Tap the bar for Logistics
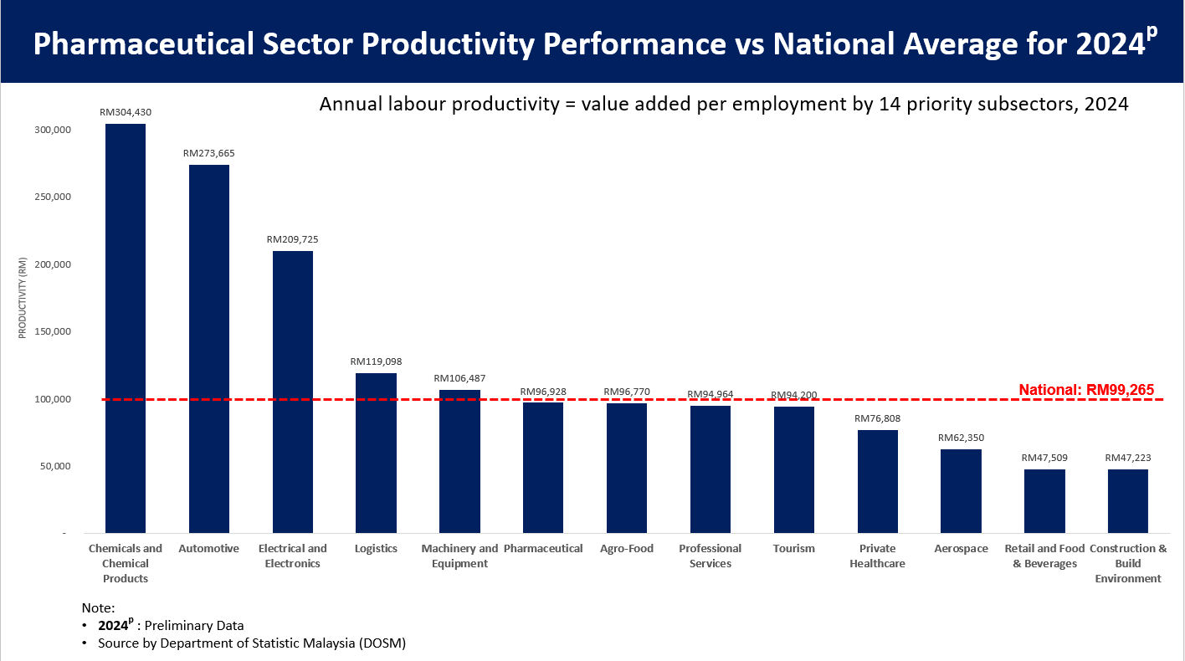click(376, 453)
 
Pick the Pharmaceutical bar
click(543, 468)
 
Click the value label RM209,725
click(293, 239)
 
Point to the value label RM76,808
click(877, 418)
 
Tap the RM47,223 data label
click(1127, 458)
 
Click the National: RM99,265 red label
click(1086, 390)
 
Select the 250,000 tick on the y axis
click(52, 197)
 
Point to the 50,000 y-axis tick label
click(54, 466)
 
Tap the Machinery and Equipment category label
click(459, 556)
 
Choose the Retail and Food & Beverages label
click(1044, 556)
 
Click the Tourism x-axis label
click(793, 549)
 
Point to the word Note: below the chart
click(98, 608)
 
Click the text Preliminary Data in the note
click(194, 626)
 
